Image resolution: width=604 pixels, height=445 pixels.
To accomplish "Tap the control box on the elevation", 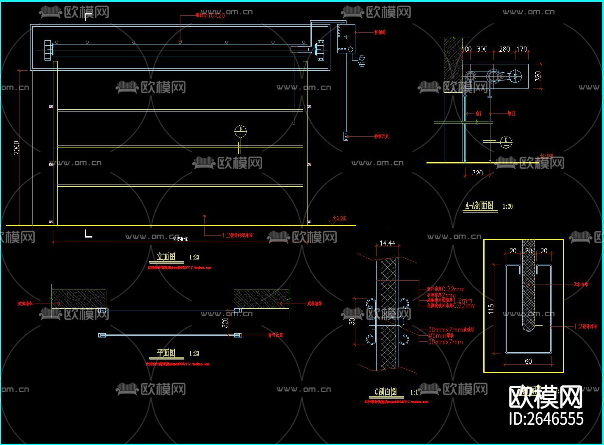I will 346,39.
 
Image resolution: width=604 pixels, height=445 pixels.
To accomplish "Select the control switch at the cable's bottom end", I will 346,136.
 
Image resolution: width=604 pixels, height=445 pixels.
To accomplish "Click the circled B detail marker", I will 241,131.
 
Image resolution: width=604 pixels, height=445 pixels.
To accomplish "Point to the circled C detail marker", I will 506,141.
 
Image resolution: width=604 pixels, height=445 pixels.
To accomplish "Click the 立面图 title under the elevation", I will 166,257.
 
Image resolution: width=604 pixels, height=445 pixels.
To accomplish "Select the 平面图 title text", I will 166,353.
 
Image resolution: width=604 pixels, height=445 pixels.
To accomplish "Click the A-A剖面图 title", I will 479,206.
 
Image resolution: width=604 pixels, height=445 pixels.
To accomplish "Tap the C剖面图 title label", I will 386,392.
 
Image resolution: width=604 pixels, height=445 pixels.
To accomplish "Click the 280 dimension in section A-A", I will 504,49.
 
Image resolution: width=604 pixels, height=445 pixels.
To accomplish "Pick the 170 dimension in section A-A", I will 521,49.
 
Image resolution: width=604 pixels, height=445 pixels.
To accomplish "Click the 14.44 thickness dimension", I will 387,243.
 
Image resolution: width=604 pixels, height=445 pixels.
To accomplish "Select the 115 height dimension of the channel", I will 491,309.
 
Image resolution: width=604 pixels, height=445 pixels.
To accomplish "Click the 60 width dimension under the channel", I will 528,361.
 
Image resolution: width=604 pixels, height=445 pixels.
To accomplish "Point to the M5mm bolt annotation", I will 441,335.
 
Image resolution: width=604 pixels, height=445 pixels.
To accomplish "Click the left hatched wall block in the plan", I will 79,299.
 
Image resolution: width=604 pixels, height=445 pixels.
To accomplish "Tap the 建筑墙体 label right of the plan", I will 315,303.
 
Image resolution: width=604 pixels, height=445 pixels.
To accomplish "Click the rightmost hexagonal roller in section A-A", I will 515,77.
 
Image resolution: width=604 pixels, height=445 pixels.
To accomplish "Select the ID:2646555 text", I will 546,418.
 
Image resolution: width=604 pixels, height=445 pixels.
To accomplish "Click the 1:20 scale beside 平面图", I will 194,353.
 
